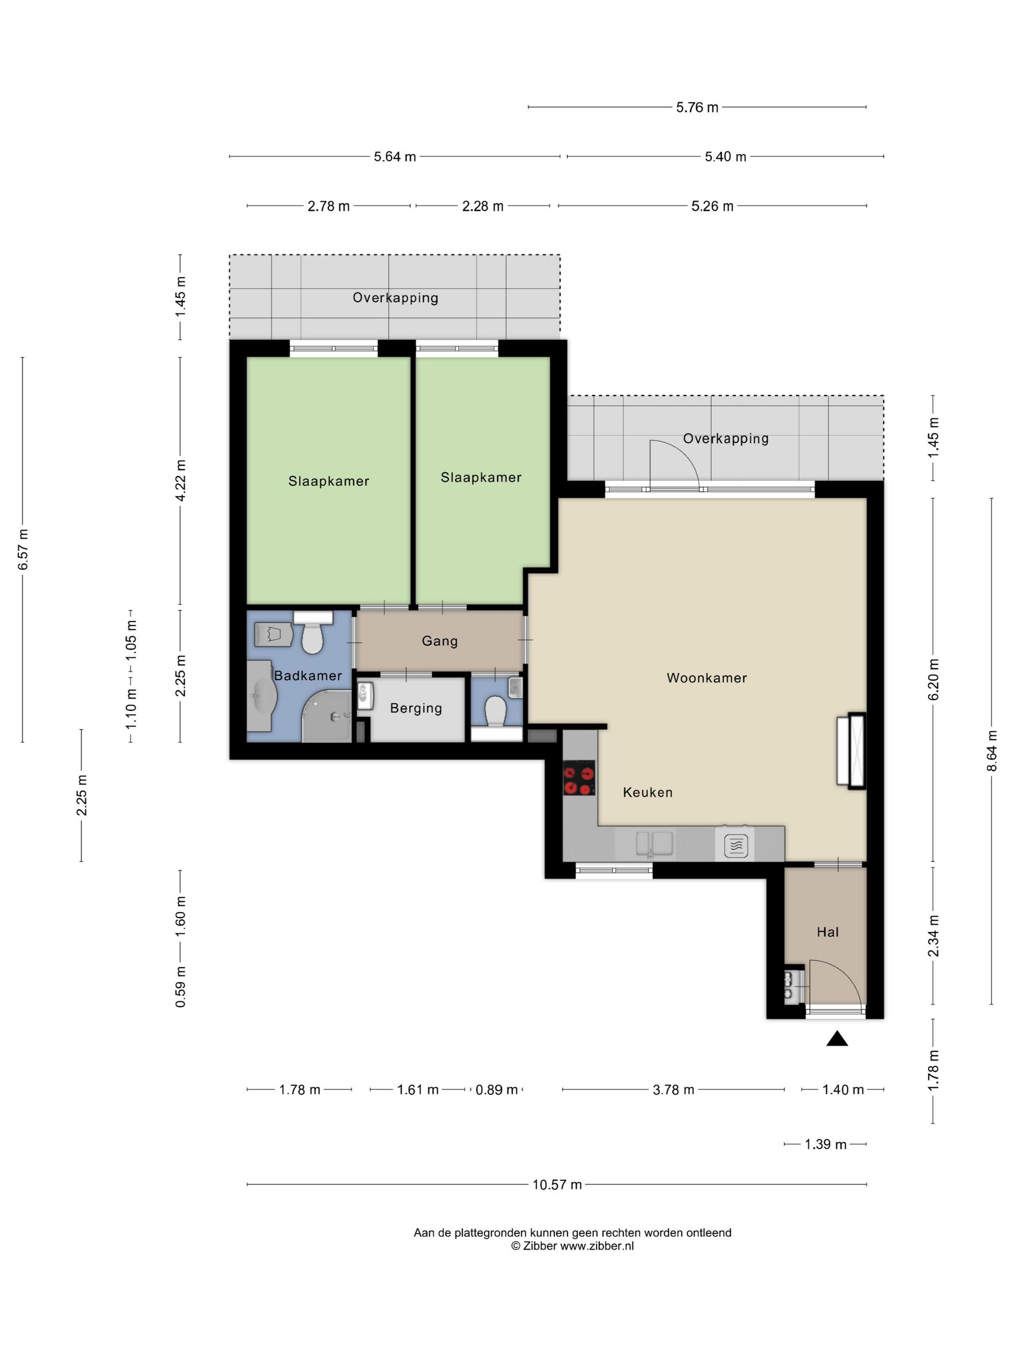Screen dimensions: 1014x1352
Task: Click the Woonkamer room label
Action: tap(706, 677)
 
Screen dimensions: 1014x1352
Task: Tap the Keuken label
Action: tap(648, 792)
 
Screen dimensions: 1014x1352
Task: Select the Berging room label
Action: tap(416, 708)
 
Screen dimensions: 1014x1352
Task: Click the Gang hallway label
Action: tap(439, 641)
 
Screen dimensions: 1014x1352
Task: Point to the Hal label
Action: tap(828, 932)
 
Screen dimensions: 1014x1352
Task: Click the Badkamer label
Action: tap(308, 676)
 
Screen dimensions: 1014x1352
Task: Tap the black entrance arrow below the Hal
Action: tap(837, 1039)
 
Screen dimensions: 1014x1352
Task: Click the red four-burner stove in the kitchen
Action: tap(579, 777)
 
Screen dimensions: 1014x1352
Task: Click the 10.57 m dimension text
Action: tap(557, 1184)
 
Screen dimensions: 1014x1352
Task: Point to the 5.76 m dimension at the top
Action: tap(697, 108)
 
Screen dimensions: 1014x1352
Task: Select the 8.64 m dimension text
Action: tap(991, 751)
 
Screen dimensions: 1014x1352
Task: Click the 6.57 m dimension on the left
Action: tap(23, 549)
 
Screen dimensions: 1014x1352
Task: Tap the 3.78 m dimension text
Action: tap(674, 1090)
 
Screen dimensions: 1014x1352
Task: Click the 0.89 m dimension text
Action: tap(497, 1090)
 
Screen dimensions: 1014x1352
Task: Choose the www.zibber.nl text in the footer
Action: tap(596, 1246)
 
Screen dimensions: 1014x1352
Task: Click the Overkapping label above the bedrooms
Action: tap(395, 297)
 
